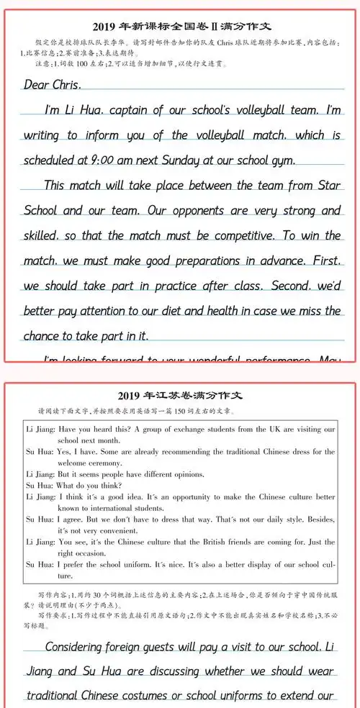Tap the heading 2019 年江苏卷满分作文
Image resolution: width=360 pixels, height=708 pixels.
click(180, 396)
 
